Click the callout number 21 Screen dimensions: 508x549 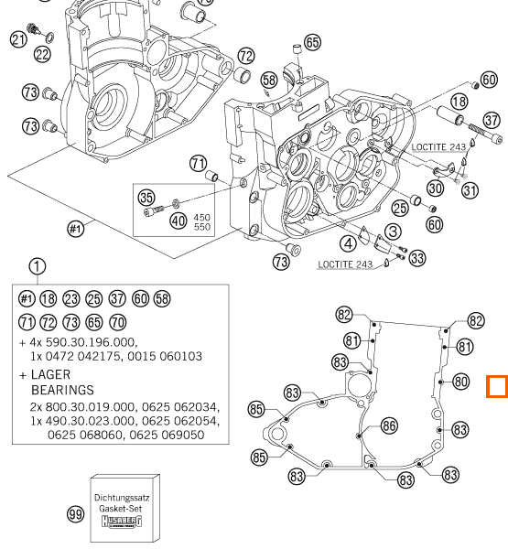coord(18,39)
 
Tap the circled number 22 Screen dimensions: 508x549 coord(43,55)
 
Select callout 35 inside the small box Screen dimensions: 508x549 coord(146,198)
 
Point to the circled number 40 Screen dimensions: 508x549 coord(178,221)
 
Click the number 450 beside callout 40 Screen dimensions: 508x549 coord(202,218)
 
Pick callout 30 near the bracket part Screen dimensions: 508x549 coord(436,188)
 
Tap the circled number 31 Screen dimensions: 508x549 coord(470,190)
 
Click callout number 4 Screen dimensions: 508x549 coord(348,243)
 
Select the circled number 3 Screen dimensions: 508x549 coord(393,231)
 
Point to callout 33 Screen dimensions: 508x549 coord(417,258)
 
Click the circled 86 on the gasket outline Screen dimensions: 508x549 coord(389,426)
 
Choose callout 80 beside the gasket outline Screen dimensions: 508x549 coord(460,382)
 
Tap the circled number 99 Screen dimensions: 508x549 coord(75,514)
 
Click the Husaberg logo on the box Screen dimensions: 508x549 coord(122,522)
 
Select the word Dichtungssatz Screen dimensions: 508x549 coord(122,498)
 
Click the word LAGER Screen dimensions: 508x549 coord(51,374)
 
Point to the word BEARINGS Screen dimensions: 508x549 coord(63,390)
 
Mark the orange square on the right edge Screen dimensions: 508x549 coord(497,386)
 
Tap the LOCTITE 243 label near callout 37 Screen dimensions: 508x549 coord(438,147)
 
